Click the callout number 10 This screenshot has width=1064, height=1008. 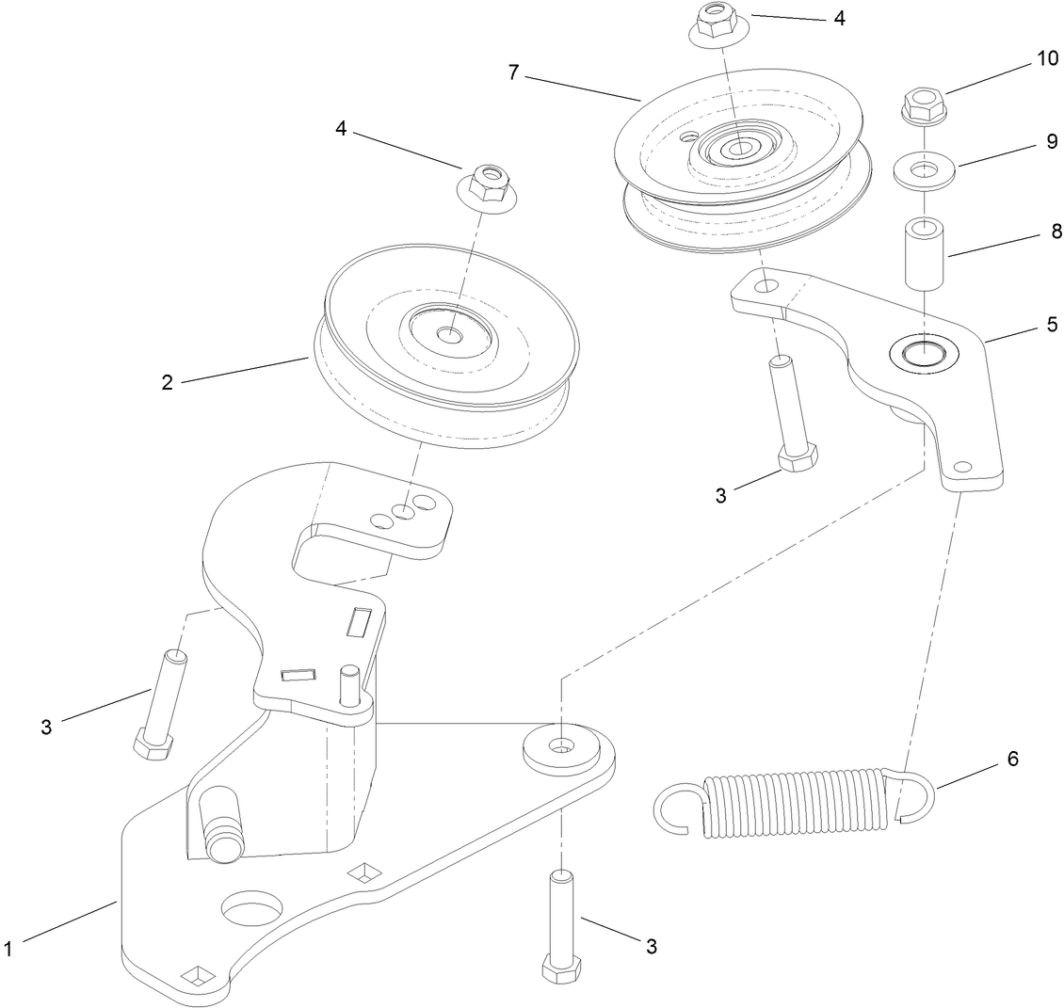pyautogui.click(x=1021, y=58)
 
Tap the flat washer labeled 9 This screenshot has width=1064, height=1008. pyautogui.click(x=925, y=171)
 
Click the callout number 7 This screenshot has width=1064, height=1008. pyautogui.click(x=513, y=72)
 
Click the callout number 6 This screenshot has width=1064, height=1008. pyautogui.click(x=1012, y=759)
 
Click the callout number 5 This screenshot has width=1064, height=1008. pyautogui.click(x=1051, y=325)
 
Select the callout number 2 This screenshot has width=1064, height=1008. pyautogui.click(x=167, y=383)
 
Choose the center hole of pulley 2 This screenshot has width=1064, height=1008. pyautogui.click(x=450, y=332)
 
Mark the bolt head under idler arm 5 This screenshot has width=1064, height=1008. pyautogui.click(x=797, y=458)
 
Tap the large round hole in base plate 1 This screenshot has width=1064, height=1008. pyautogui.click(x=251, y=909)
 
